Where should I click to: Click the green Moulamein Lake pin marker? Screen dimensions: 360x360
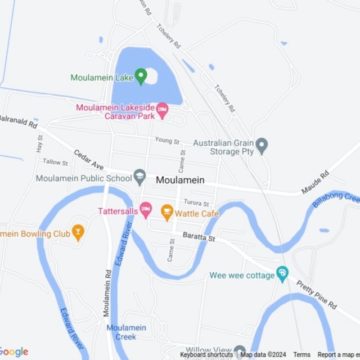[x=141, y=76]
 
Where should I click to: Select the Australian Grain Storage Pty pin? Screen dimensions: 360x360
[x=261, y=146]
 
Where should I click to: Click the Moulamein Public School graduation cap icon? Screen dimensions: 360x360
[x=139, y=178]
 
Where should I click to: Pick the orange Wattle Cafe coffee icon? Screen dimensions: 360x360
[x=166, y=213]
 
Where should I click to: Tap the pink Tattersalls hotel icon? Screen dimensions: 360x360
[x=145, y=211]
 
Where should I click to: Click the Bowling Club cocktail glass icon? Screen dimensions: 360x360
[x=78, y=233]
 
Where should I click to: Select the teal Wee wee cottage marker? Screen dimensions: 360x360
[x=282, y=274]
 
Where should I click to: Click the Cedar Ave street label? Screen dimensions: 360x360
[x=89, y=160]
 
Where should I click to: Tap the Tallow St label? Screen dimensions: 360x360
[x=55, y=162]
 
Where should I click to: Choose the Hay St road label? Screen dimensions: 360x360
[x=39, y=144]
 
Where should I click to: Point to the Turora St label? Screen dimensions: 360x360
[x=196, y=203]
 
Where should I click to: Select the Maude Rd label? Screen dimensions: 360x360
[x=317, y=183]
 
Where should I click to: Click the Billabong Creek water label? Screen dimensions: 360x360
[x=336, y=200]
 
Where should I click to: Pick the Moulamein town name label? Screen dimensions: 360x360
[x=180, y=180]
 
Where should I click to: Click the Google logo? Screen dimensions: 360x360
[x=15, y=352]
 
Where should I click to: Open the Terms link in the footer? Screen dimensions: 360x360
[x=301, y=355]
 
